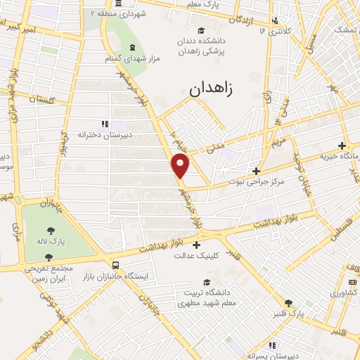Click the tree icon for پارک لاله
click(x=51, y=230)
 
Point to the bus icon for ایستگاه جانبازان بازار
click(x=115, y=266)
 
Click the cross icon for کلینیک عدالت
click(x=196, y=244)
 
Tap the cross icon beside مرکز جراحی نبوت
click(x=257, y=171)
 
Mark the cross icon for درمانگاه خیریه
click(x=342, y=146)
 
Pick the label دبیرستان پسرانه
click(x=275, y=356)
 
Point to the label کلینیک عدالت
click(x=196, y=255)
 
